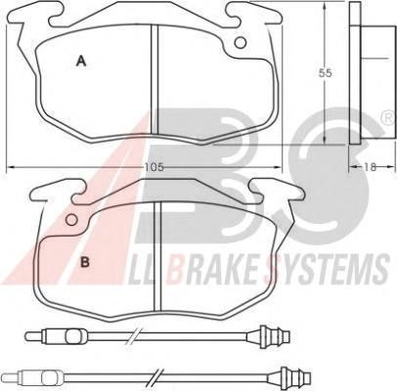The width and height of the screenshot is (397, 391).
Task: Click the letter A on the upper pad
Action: point(81,61)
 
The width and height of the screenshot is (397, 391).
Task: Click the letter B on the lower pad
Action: point(85,262)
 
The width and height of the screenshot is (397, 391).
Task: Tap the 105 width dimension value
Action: point(154,167)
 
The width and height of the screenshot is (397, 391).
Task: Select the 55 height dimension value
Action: point(326,73)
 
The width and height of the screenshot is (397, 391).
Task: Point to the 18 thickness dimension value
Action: point(371,167)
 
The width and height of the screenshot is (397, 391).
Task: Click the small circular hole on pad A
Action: point(241,42)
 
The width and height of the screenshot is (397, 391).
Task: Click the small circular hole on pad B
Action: point(71,220)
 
